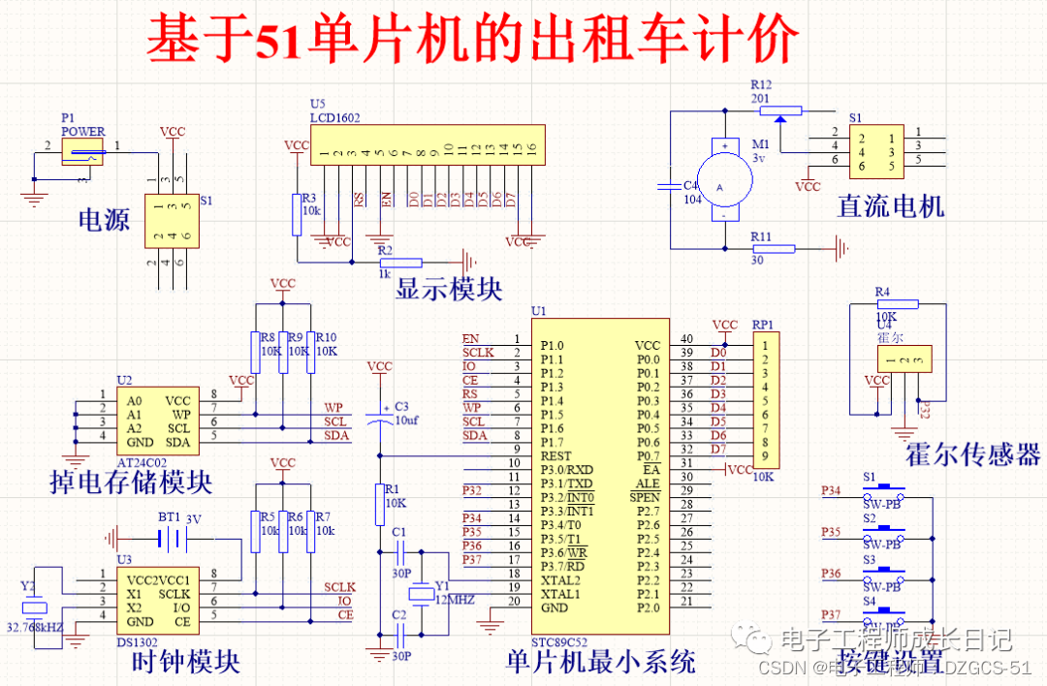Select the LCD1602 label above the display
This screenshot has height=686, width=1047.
click(x=334, y=118)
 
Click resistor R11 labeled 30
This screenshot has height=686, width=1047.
click(x=773, y=248)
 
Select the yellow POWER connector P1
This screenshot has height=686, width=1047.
click(x=81, y=149)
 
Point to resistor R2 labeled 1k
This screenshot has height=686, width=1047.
click(x=400, y=262)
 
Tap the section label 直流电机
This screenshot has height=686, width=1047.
click(x=891, y=205)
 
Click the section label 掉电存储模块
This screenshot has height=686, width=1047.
click(x=130, y=482)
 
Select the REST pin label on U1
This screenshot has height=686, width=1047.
click(x=555, y=455)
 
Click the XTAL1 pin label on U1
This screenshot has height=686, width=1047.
click(x=560, y=594)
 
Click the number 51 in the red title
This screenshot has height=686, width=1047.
click(x=279, y=41)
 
